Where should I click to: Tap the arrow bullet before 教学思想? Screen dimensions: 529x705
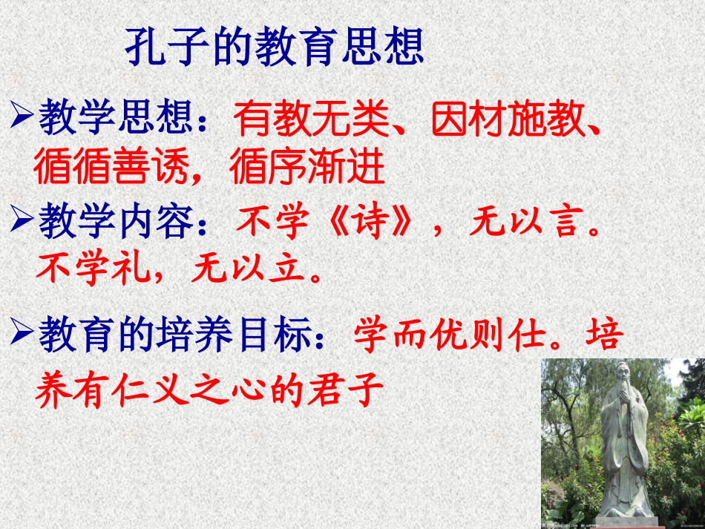coord(22,116)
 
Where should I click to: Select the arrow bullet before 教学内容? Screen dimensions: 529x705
coord(22,220)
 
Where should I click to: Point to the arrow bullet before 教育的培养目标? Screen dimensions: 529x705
coord(22,333)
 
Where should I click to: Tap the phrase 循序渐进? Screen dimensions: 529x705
coord(307,167)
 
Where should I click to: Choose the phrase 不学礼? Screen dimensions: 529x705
coord(92,269)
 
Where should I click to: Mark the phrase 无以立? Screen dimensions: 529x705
coord(248,269)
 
